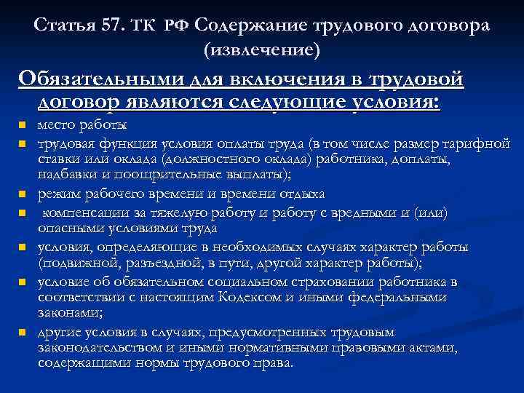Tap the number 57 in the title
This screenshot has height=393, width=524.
(107, 26)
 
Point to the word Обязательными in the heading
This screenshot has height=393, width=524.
(87, 78)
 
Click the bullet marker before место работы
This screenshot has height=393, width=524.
(23, 125)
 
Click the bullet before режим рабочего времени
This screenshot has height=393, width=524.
(23, 195)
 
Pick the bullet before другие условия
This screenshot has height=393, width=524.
(23, 333)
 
